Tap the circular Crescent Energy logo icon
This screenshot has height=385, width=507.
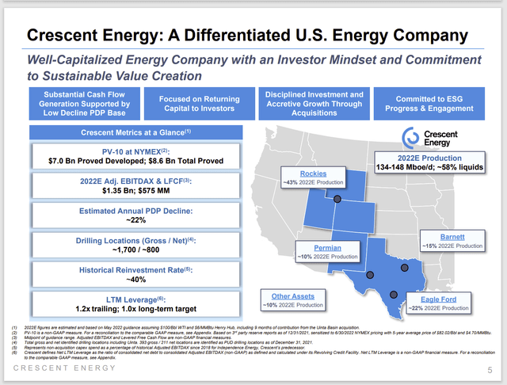click(411, 136)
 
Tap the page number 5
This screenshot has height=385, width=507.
click(490, 368)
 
